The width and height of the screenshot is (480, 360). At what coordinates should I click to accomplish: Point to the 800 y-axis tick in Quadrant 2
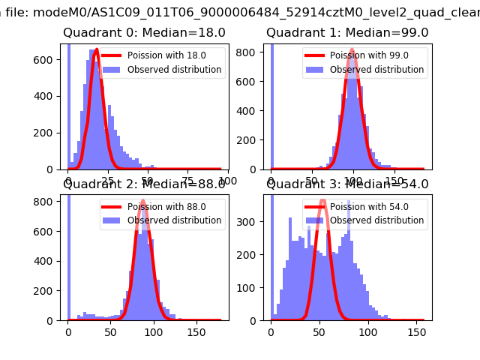click(x=47, y=202)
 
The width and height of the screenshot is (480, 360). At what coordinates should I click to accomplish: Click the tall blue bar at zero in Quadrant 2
click(x=68, y=255)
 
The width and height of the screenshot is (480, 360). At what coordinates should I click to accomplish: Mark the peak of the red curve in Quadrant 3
click(x=323, y=201)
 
